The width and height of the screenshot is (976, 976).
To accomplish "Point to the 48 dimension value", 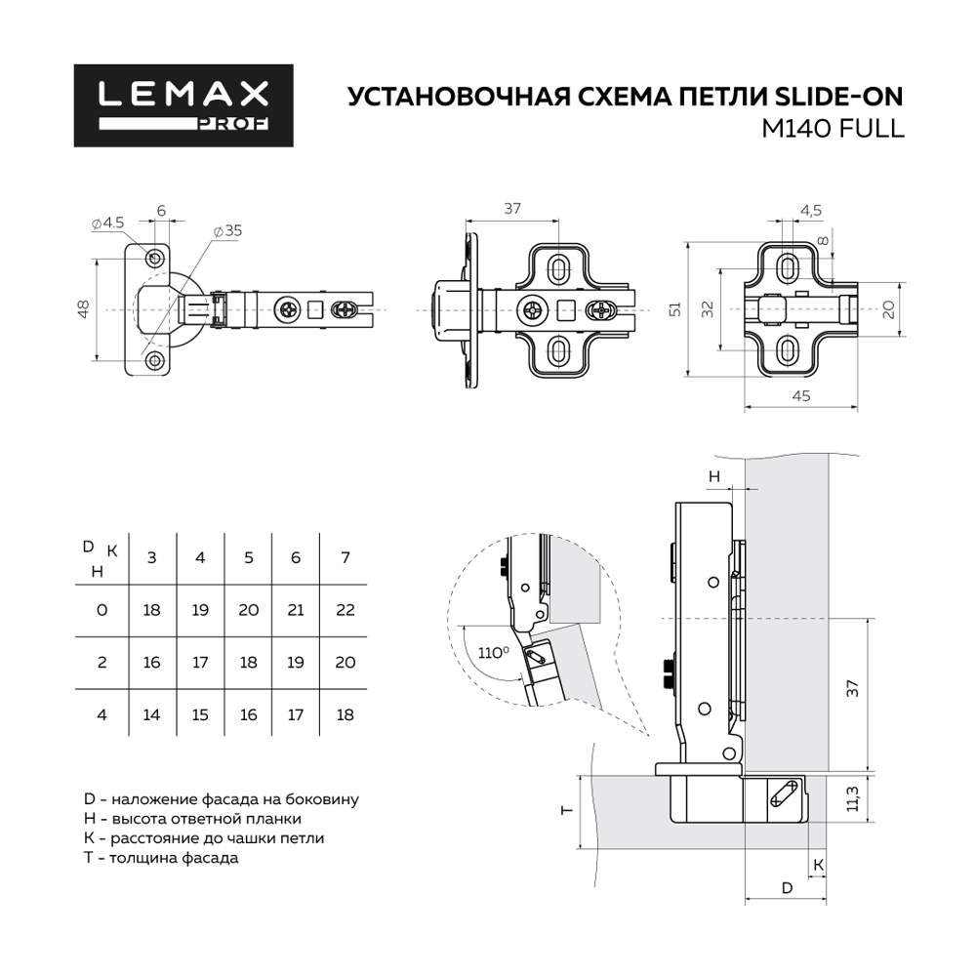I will click(x=84, y=308).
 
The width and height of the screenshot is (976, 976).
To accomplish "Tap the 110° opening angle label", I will click(x=493, y=652).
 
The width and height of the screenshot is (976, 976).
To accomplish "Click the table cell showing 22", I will click(x=346, y=610).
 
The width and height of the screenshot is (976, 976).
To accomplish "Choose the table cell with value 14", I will click(x=151, y=714).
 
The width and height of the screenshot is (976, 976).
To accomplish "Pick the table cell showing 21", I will click(x=297, y=610).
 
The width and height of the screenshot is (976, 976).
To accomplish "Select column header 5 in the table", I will click(x=249, y=557).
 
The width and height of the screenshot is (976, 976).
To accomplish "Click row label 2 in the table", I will click(x=102, y=663).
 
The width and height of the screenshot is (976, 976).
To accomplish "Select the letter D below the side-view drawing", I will click(x=786, y=887).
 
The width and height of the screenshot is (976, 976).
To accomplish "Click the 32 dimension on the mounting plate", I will click(x=708, y=309).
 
